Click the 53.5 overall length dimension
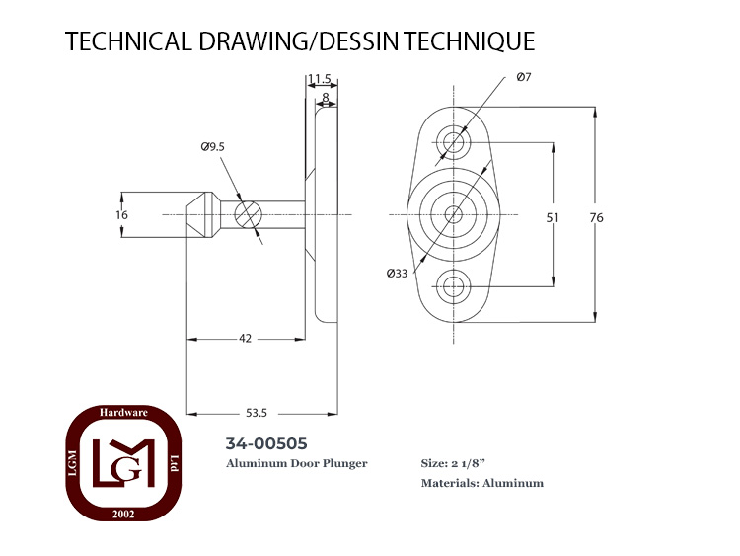pyautogui.click(x=257, y=413)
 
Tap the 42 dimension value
pyautogui.click(x=245, y=338)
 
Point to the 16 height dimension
pyautogui.click(x=121, y=215)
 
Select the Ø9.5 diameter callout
pyautogui.click(x=213, y=147)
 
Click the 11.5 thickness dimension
pyautogui.click(x=321, y=79)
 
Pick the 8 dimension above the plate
pyautogui.click(x=326, y=98)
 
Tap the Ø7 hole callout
pyautogui.click(x=524, y=77)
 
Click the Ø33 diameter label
pyautogui.click(x=397, y=273)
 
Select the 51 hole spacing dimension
pyautogui.click(x=553, y=218)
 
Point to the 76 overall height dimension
pyautogui.click(x=597, y=218)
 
